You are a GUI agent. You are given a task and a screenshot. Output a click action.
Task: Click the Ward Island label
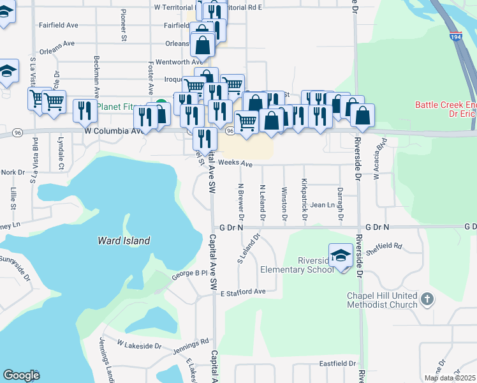124,241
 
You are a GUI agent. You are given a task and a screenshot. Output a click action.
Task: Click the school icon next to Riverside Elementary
341,257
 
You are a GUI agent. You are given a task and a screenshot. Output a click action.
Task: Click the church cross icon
427,298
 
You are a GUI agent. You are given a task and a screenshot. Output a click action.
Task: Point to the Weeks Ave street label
235,164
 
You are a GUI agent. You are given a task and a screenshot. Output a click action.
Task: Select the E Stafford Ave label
242,292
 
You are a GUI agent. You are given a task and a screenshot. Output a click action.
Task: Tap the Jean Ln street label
323,205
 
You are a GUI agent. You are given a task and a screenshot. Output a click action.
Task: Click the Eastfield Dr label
337,363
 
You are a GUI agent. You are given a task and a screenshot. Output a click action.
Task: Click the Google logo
21,375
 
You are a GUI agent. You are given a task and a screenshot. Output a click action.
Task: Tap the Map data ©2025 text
450,378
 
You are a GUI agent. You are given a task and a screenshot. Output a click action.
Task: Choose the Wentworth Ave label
179,62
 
